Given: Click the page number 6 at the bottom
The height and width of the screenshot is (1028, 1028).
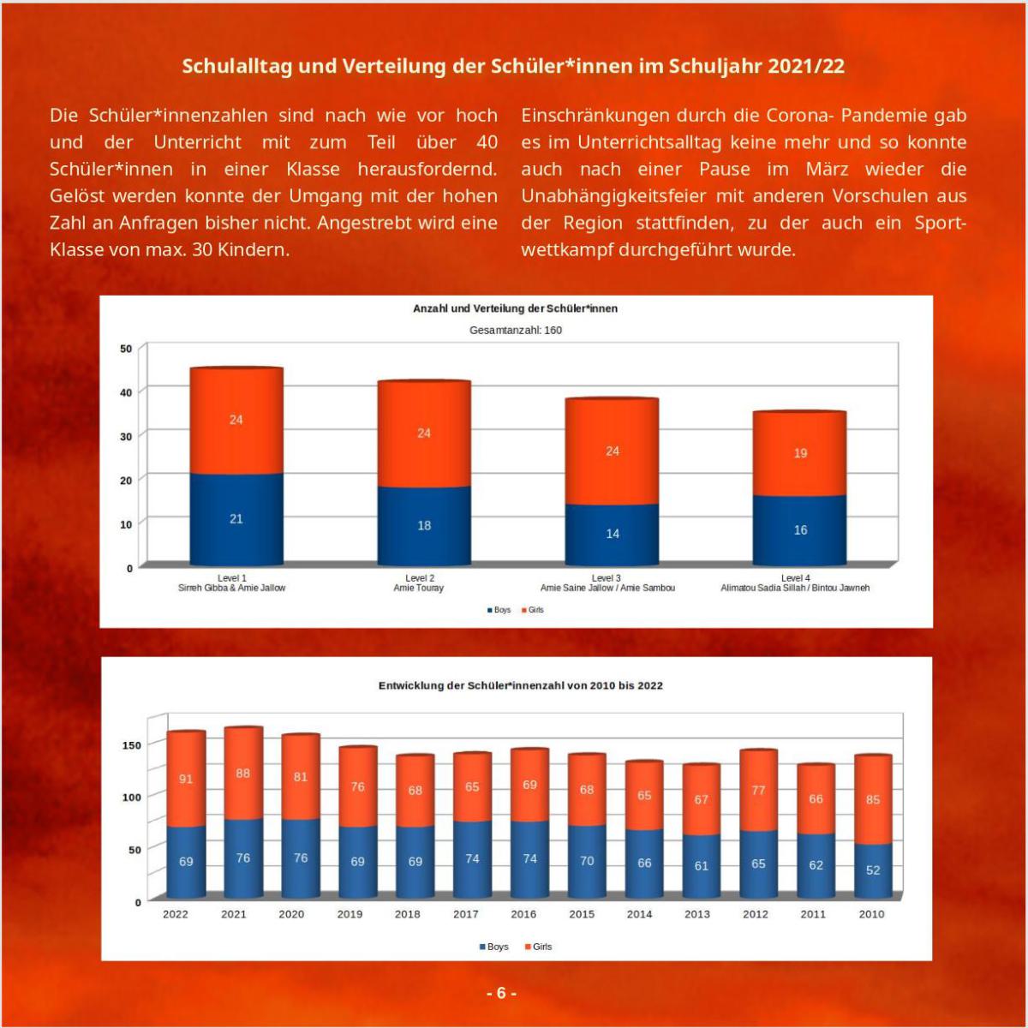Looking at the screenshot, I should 501,994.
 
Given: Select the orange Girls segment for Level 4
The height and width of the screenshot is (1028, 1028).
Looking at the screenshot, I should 799,453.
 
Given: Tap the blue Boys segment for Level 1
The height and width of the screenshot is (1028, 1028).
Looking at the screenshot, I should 236,518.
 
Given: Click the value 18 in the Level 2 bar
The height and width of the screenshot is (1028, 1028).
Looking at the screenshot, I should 424,525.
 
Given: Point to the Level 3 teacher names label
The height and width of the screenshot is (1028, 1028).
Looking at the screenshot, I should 607,589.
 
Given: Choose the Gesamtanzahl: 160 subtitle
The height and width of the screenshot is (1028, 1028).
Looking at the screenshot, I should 516,330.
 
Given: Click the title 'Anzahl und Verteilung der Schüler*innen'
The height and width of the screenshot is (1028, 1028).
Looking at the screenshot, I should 515,308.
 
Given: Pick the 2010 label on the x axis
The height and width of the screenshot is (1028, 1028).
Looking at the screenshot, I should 871,914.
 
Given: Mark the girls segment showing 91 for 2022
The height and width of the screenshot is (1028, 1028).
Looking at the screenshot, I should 186,779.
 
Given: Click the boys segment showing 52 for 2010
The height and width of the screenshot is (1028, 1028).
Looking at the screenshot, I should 873,870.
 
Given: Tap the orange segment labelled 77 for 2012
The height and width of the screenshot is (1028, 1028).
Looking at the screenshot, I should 758,790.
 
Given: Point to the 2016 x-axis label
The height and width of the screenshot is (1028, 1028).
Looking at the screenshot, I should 523,914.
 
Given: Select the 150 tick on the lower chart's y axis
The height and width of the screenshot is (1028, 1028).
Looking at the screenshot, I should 130,745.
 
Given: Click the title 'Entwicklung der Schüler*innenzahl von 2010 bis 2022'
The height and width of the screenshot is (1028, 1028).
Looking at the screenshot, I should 520,685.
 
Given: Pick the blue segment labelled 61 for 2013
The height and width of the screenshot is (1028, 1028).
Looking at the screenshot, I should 701,866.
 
